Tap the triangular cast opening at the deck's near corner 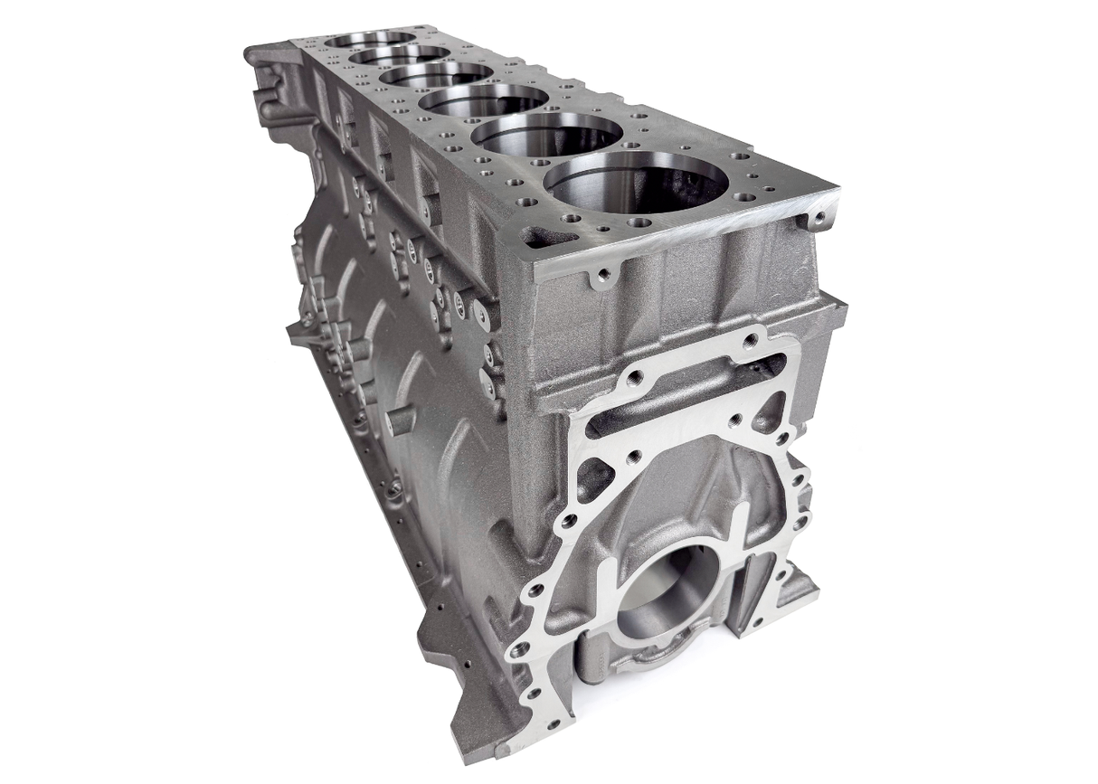(x=548, y=238)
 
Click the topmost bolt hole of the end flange (x=750, y=341)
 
